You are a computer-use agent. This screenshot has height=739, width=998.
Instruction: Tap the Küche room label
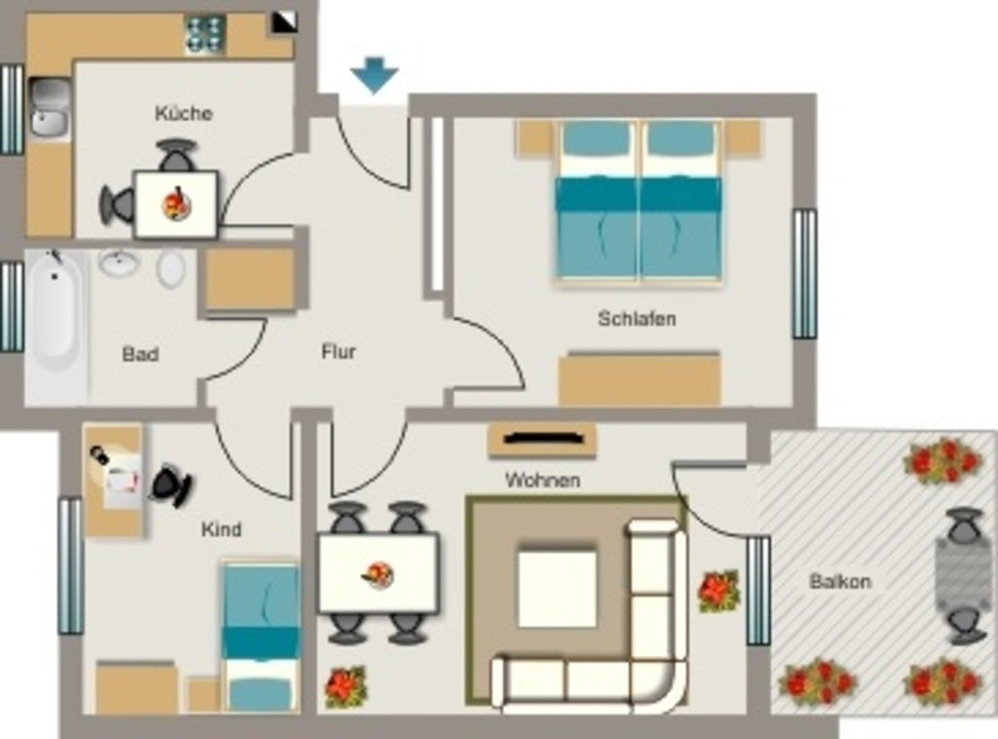[x=183, y=113]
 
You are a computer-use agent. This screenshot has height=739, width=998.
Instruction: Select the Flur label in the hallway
[x=338, y=351]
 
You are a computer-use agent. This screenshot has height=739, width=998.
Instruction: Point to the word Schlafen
[x=636, y=318]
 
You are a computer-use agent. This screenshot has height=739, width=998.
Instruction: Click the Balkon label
[x=840, y=581]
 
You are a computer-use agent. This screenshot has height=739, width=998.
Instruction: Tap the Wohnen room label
[x=542, y=480]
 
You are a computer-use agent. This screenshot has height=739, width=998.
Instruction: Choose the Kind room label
[x=221, y=529]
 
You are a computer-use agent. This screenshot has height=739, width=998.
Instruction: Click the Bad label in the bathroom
[x=140, y=354]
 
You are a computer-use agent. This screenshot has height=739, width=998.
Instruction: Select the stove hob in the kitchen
[x=206, y=34]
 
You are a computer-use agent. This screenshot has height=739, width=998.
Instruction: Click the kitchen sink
[x=51, y=107]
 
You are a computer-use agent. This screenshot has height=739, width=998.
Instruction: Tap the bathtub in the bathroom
[x=56, y=312]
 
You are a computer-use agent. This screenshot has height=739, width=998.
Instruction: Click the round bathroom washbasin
[x=119, y=263]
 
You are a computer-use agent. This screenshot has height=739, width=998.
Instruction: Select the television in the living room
[x=543, y=438]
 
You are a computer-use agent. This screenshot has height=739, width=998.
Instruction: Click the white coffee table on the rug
[x=557, y=588]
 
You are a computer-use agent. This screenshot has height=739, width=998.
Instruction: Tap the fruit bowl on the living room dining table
[x=378, y=575]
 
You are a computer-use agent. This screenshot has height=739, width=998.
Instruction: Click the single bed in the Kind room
[x=260, y=637]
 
